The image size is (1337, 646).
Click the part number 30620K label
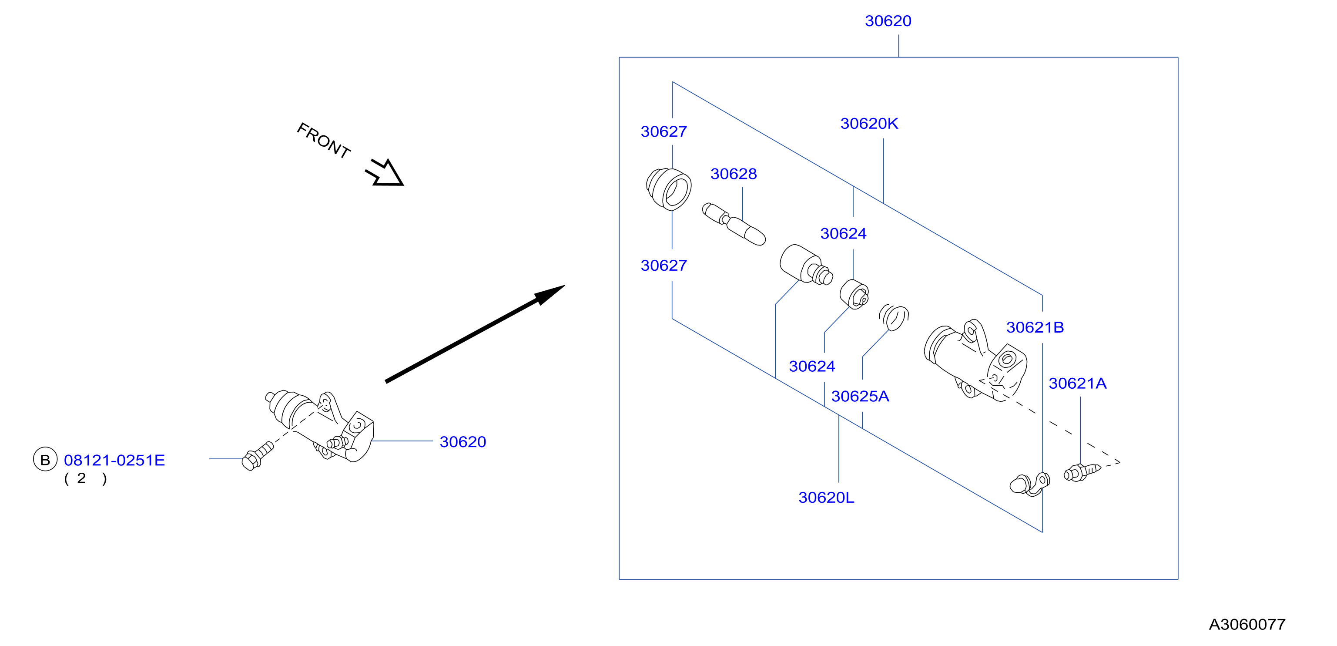point(869,124)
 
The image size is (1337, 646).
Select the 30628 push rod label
point(734,174)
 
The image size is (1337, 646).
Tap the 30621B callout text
point(1035,327)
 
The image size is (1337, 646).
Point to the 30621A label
point(1078,383)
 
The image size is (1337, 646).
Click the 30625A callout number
point(860,396)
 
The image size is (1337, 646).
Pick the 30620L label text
point(826,498)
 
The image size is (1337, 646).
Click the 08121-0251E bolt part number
point(114,460)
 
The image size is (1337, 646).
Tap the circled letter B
point(45,460)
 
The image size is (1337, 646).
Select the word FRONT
point(324,140)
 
